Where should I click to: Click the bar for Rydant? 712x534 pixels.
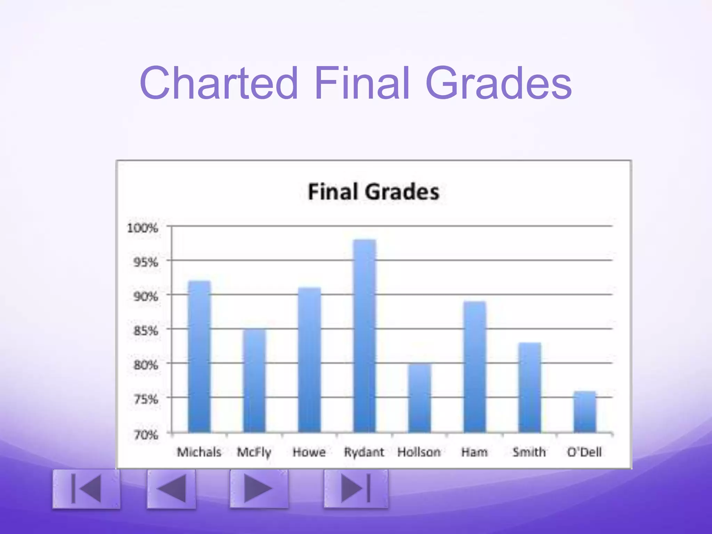364,336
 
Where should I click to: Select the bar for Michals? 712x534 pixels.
199,356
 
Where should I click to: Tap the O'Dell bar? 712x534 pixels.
585,412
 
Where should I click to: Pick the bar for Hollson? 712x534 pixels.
419,398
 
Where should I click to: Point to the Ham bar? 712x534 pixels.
475,367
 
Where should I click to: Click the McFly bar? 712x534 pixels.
254,381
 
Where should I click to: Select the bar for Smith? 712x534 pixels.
529,388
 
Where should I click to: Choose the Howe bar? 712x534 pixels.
309,360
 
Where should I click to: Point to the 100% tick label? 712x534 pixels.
143,228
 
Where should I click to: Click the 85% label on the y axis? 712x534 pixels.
146,331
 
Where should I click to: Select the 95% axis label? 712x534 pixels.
146,262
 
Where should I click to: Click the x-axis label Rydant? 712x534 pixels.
364,452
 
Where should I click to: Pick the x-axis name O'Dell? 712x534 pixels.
584,452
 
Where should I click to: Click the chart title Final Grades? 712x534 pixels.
374,192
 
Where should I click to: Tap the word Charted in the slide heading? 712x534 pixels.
219,83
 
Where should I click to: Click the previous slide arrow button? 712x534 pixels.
171,489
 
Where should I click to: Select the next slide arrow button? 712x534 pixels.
259,489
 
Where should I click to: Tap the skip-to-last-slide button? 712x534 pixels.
356,489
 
